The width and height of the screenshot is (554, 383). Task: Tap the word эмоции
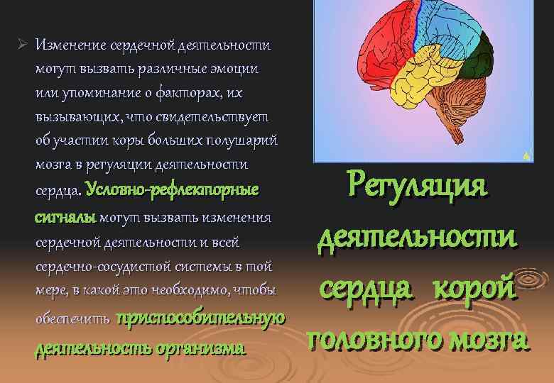234,70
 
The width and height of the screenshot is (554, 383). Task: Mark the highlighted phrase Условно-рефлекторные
173,190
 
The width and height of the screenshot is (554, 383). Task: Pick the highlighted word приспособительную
200,318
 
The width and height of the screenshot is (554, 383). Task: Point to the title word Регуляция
418,187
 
